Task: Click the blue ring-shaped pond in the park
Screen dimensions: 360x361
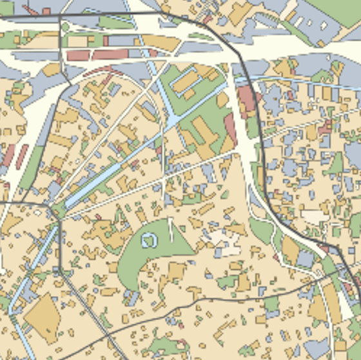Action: pos(149,241)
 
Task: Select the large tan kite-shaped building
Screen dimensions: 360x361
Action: pos(43,316)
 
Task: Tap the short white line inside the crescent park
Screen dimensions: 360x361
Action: pos(171,230)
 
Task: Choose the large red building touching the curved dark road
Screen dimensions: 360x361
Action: pos(246,100)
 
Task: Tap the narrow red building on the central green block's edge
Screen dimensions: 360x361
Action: pos(231,129)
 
